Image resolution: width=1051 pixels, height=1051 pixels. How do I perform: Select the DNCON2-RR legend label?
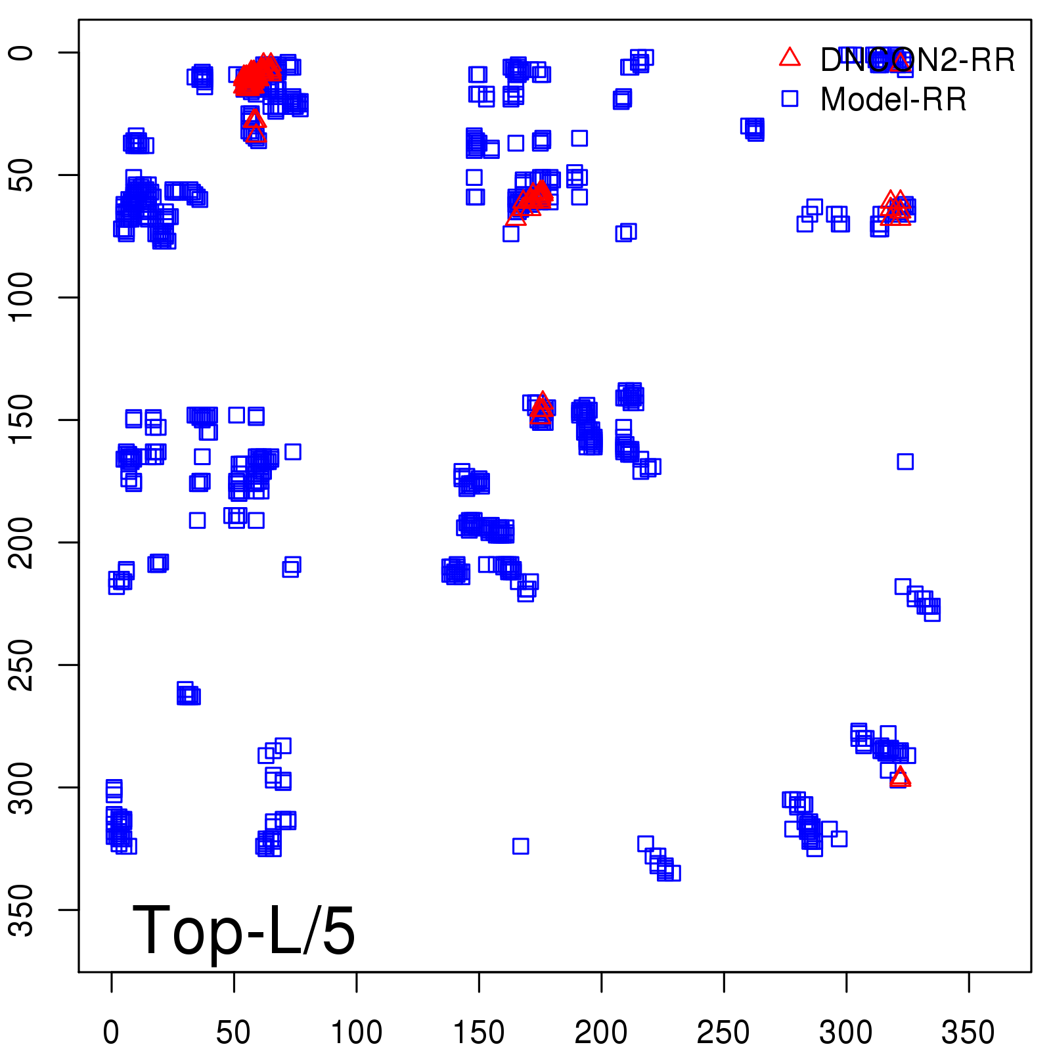(917, 60)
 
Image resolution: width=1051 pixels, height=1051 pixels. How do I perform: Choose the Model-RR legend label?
(893, 100)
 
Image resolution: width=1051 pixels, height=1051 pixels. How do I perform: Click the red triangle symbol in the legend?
(790, 58)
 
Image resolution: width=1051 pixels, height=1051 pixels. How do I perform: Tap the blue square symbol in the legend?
(790, 99)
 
